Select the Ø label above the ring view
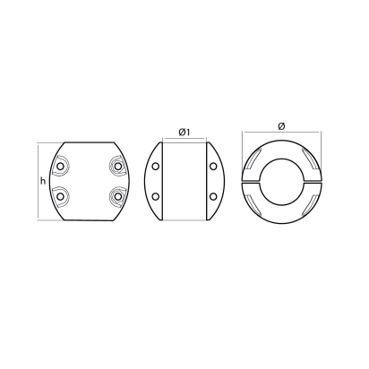pos(280,125)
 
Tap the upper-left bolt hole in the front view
pos(61,167)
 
